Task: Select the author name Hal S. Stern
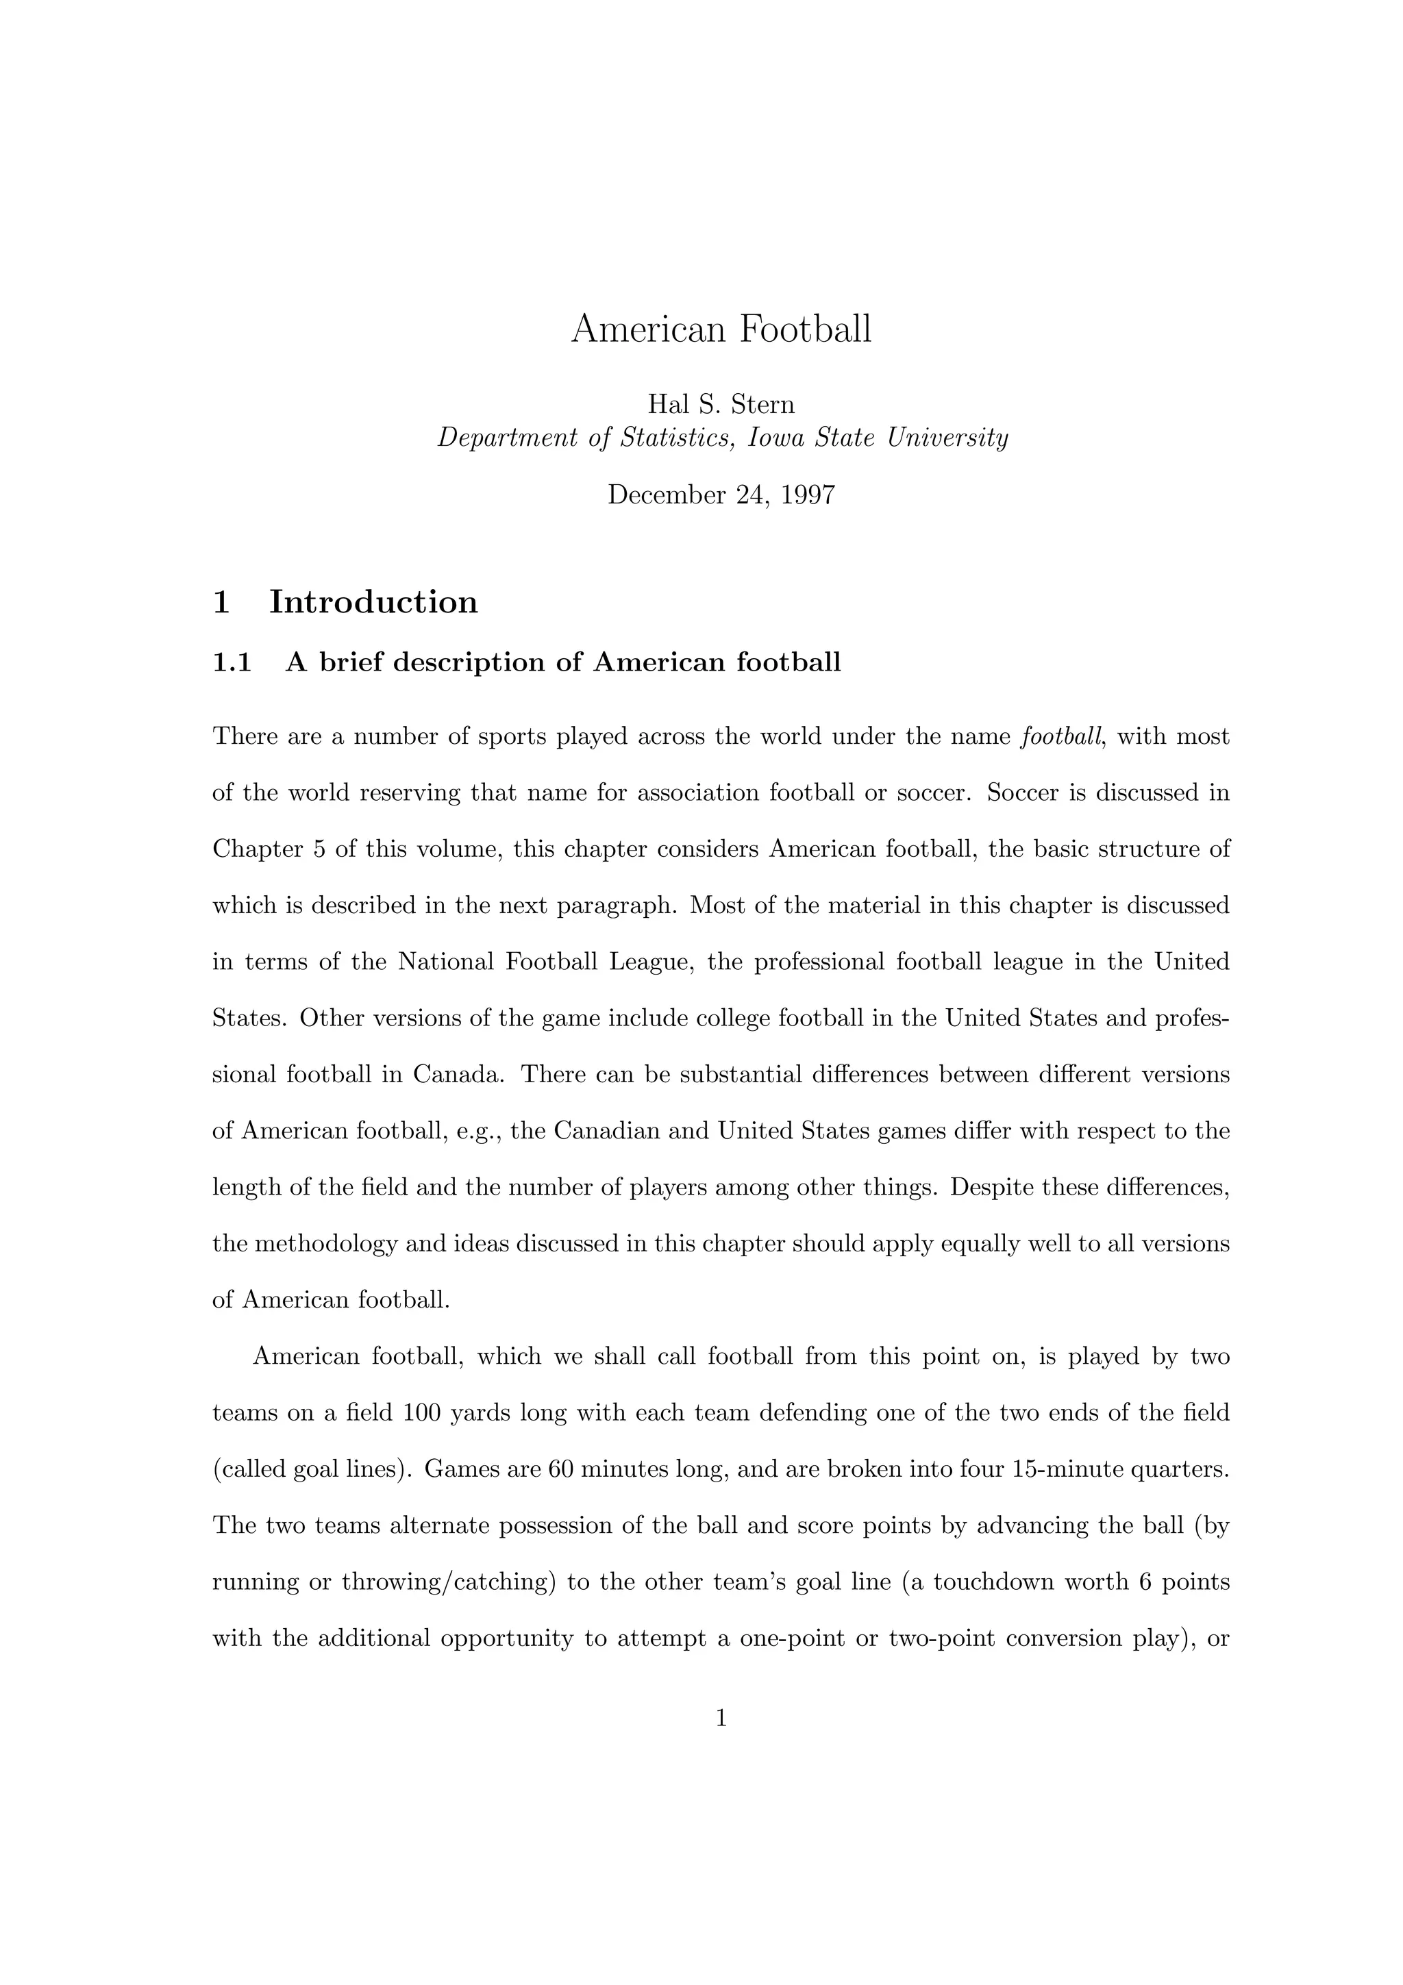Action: click(721, 403)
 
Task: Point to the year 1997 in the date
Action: click(808, 495)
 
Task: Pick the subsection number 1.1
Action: click(232, 662)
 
